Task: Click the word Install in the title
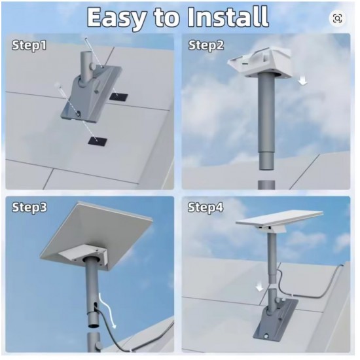click(228, 17)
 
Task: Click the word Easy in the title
click(117, 18)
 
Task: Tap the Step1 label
click(29, 45)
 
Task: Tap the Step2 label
click(206, 45)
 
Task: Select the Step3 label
click(29, 207)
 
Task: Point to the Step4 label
click(206, 207)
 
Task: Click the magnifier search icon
click(337, 18)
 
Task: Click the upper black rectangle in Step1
click(118, 96)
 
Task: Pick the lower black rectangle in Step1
click(98, 141)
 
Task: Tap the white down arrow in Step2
click(303, 81)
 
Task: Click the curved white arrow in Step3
click(108, 310)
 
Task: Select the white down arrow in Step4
click(260, 287)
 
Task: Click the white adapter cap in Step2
click(260, 62)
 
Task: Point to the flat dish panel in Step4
click(279, 219)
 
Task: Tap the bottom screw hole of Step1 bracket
click(79, 113)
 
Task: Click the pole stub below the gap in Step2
click(266, 185)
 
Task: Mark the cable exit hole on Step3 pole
click(95, 306)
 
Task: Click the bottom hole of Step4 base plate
click(266, 336)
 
